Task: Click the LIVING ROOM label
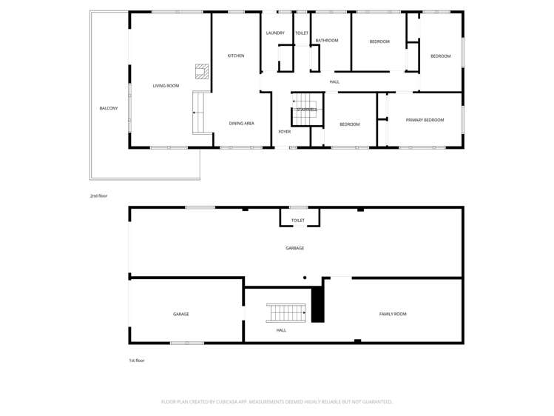166,86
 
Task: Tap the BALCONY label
109,108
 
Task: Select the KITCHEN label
236,56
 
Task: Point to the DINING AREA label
241,124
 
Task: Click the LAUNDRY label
275,33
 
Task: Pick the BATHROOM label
326,41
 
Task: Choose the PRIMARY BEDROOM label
425,120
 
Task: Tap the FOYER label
284,132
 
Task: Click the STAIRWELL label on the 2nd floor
307,110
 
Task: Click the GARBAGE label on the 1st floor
294,248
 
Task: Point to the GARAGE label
180,314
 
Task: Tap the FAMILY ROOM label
393,314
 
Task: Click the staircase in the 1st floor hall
286,312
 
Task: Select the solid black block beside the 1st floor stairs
317,304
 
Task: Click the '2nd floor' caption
98,196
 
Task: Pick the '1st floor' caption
136,360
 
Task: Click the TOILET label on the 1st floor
298,220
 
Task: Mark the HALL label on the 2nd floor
334,81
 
